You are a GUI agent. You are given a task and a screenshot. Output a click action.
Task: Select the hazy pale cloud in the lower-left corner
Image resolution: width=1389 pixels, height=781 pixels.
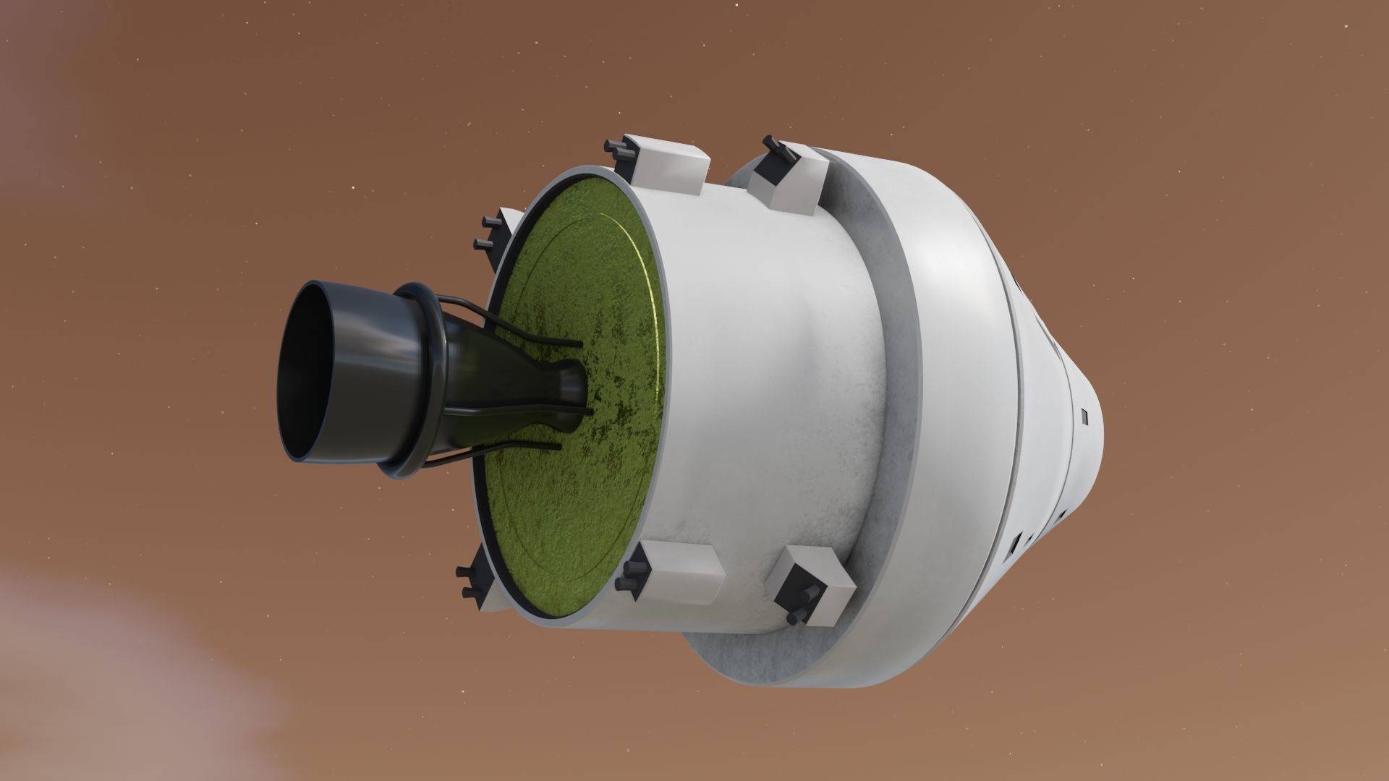pyautogui.click(x=109, y=673)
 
